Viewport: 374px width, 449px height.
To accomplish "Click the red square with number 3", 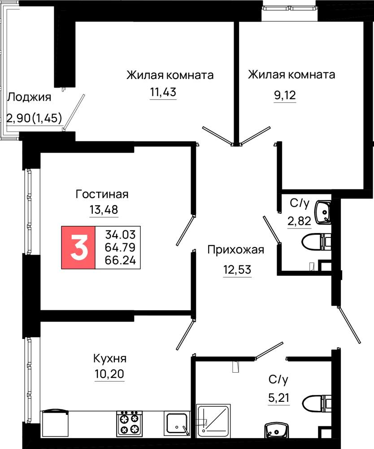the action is pyautogui.click(x=78, y=247).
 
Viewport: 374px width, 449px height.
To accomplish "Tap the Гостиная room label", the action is pyautogui.click(x=102, y=194).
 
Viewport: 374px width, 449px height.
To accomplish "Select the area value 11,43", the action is pyautogui.click(x=163, y=92).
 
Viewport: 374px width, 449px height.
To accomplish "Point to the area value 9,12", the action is pyautogui.click(x=285, y=95).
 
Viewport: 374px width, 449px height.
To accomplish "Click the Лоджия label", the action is pyautogui.click(x=29, y=97).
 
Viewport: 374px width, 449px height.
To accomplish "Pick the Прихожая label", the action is pyautogui.click(x=235, y=250).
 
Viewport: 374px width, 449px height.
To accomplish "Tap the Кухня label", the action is pyautogui.click(x=110, y=358).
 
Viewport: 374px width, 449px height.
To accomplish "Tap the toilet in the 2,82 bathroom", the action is pyautogui.click(x=316, y=242).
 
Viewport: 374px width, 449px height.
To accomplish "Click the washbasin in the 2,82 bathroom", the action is pyautogui.click(x=322, y=212).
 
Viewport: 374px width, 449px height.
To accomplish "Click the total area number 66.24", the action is pyautogui.click(x=120, y=260).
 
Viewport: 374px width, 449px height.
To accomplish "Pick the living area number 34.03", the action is pyautogui.click(x=120, y=234).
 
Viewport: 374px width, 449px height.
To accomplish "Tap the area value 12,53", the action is pyautogui.click(x=237, y=269).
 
